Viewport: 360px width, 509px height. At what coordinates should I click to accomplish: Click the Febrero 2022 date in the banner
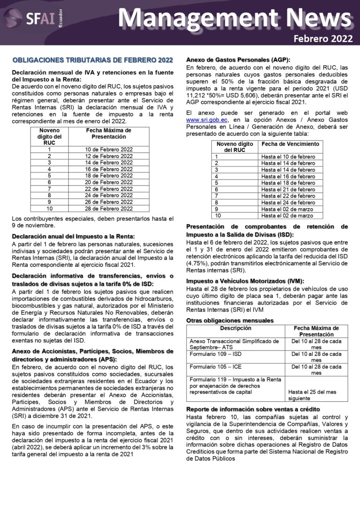323,38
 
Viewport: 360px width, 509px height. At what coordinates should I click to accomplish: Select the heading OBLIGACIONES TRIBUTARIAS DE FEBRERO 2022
93,60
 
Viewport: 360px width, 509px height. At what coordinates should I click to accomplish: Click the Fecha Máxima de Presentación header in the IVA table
109,134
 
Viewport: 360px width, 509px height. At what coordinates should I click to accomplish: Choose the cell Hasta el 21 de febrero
288,189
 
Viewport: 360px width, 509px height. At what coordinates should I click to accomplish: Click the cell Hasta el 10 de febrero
288,157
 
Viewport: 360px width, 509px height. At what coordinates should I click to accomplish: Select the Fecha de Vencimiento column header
290,144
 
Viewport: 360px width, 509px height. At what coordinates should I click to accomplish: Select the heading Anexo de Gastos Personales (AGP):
238,60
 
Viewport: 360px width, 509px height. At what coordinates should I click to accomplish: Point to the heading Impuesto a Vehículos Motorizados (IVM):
245,281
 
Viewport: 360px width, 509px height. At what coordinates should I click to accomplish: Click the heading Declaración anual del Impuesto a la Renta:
73,236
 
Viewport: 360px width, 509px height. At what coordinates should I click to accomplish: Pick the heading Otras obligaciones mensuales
230,321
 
